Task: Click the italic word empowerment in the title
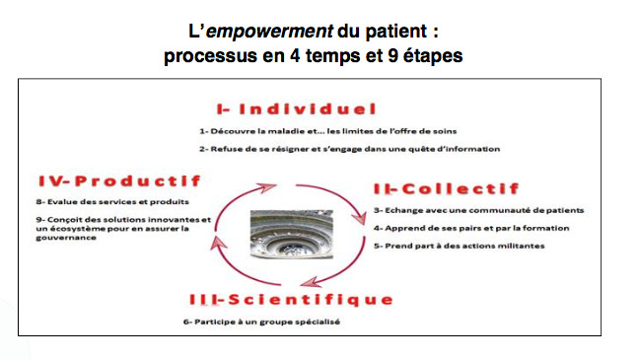(x=269, y=32)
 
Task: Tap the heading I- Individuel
(x=296, y=109)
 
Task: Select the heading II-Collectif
(x=447, y=188)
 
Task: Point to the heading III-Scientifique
(x=291, y=300)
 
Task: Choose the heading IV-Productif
(x=120, y=181)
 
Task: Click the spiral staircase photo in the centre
(x=291, y=234)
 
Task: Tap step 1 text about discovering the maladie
(x=328, y=131)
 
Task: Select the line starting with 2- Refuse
(x=350, y=149)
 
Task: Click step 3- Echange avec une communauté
(x=479, y=210)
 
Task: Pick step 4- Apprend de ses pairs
(x=471, y=228)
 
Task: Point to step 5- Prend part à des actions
(x=460, y=246)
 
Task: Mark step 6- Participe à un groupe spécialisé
(x=261, y=322)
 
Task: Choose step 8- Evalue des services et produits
(x=112, y=202)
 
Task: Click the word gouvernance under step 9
(x=66, y=238)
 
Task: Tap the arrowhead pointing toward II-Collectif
(x=359, y=216)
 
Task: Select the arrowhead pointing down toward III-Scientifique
(x=311, y=281)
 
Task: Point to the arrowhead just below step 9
(x=219, y=244)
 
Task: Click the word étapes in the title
(x=433, y=55)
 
